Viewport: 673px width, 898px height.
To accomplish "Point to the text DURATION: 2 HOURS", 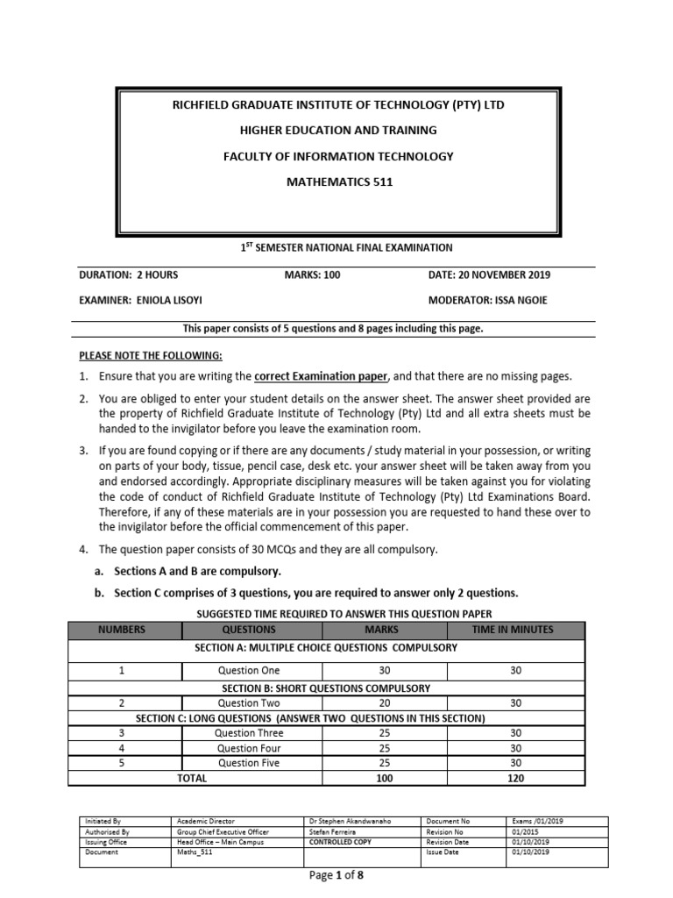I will [129, 275].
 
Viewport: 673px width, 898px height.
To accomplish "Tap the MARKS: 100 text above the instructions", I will [312, 275].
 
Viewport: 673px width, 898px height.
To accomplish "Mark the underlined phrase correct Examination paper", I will [320, 376].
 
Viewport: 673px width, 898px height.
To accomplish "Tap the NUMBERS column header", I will [122, 630].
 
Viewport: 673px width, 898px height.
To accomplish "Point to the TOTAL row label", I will [192, 778].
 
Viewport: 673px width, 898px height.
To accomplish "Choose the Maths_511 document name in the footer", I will [195, 852].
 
